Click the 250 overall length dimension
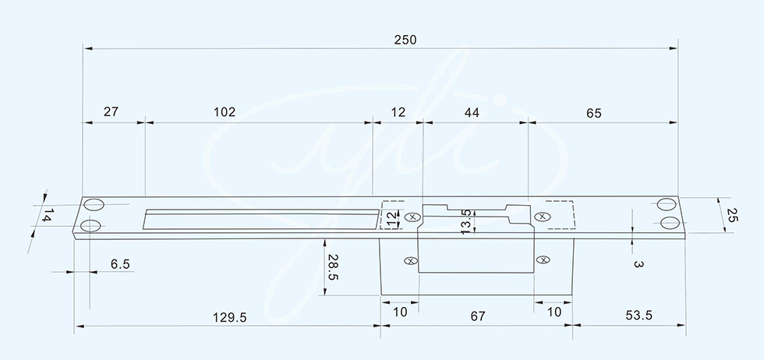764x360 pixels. click(405, 40)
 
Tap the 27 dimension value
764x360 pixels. click(111, 112)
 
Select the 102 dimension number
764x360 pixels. click(225, 112)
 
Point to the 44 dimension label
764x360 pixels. click(472, 113)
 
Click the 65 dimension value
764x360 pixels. click(594, 114)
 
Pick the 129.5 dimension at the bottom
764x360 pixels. click(230, 318)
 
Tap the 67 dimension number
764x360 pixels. click(478, 316)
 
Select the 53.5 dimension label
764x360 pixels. click(638, 316)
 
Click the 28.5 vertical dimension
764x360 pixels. click(333, 267)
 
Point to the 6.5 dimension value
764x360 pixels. click(120, 264)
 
